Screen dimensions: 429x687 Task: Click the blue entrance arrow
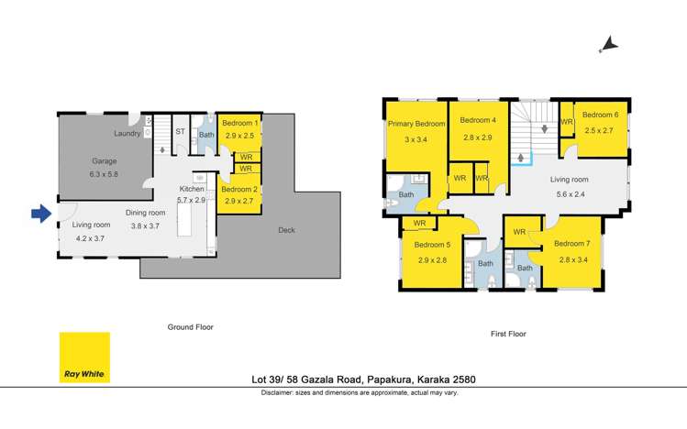coord(40,214)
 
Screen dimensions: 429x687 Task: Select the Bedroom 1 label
coord(238,123)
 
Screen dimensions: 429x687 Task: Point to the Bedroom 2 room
coord(238,194)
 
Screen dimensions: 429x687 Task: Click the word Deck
coord(287,230)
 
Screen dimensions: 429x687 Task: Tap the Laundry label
coord(127,134)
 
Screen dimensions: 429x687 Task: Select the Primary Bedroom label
coord(416,124)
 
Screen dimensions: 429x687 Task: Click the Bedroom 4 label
coord(477,120)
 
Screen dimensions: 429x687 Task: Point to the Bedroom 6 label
coord(600,115)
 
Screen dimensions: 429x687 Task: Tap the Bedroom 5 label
coord(432,246)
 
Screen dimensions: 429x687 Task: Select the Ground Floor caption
coord(190,326)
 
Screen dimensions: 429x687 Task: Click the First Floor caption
coord(507,335)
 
